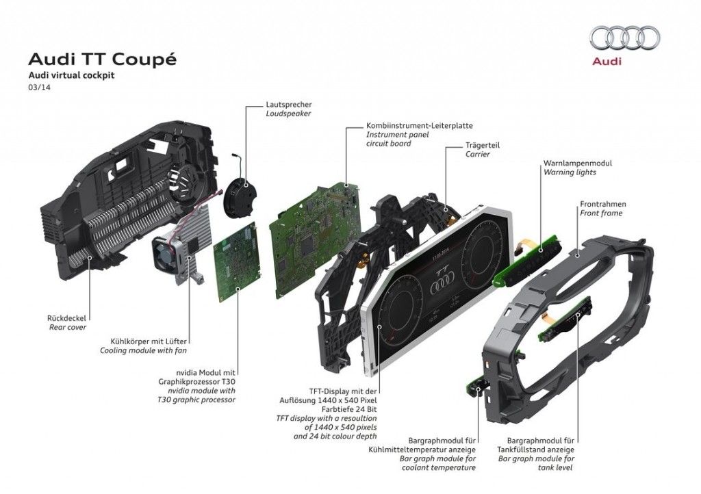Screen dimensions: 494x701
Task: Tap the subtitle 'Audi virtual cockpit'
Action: click(71, 76)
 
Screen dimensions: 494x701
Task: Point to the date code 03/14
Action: click(38, 89)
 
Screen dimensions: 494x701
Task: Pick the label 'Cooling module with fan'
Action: click(144, 350)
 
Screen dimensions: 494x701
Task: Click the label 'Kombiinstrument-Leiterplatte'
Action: click(419, 126)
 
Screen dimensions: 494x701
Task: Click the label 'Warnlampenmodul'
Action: click(577, 164)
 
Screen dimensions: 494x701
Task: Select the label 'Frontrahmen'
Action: click(603, 204)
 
